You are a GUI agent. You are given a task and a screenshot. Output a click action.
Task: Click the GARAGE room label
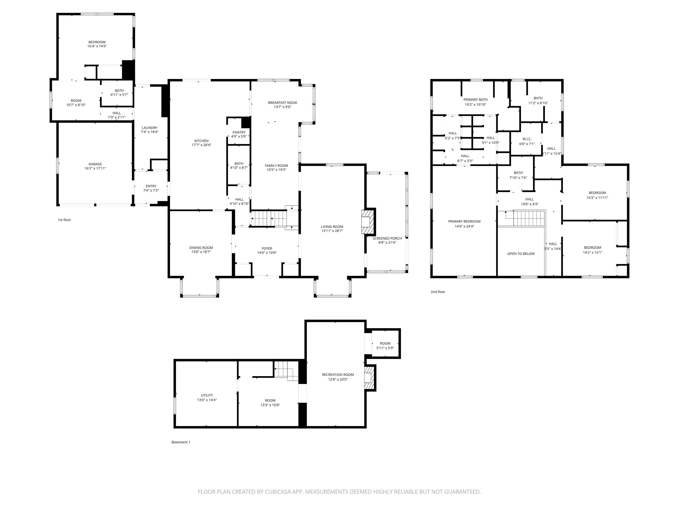click(x=95, y=164)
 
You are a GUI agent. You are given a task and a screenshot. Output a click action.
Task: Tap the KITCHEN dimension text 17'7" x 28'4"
click(x=201, y=145)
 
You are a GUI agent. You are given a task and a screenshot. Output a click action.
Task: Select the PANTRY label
click(x=239, y=132)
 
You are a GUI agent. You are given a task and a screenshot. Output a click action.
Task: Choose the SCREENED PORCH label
click(x=387, y=238)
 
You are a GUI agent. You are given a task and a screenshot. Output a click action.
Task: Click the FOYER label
click(x=267, y=249)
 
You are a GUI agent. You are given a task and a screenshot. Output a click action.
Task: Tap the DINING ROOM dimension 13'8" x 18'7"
click(x=201, y=252)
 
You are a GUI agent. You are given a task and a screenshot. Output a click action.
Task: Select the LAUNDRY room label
click(x=150, y=128)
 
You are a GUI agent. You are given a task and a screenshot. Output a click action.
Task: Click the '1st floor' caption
click(x=64, y=220)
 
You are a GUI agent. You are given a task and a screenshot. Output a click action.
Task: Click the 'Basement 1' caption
click(x=181, y=442)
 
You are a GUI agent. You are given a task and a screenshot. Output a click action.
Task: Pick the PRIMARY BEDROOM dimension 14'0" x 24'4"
click(x=464, y=227)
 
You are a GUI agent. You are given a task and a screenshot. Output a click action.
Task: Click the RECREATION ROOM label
click(x=338, y=375)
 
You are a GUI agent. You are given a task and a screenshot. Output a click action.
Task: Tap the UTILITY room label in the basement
click(x=207, y=395)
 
